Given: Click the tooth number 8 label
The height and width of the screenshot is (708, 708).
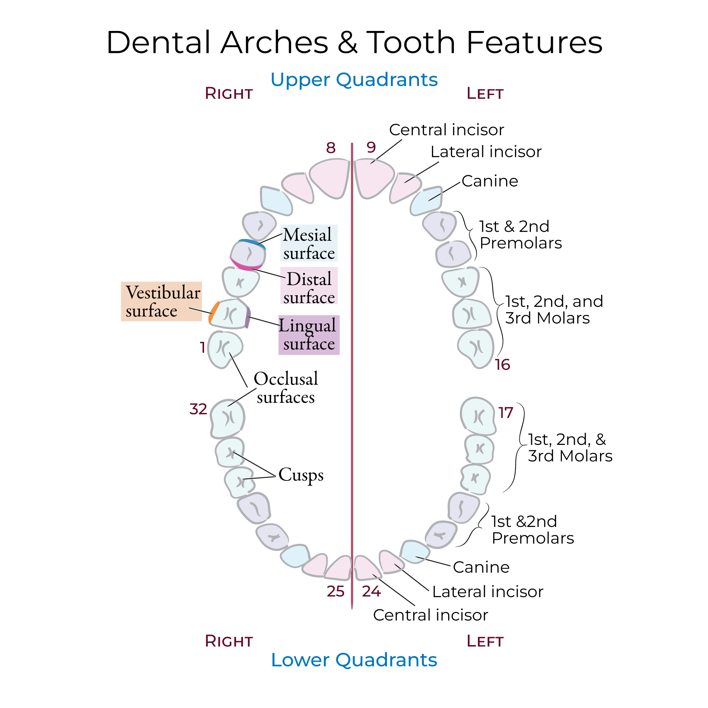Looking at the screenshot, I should [x=330, y=148].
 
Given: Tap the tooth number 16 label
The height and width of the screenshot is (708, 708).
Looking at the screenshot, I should [x=502, y=365].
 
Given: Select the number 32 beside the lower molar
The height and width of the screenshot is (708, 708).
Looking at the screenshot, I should [x=198, y=409].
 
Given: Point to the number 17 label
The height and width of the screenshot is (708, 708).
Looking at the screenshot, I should [x=505, y=413].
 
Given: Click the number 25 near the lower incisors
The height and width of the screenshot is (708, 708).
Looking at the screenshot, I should [x=335, y=591].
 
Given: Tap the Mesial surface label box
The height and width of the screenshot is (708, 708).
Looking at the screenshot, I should [x=308, y=244].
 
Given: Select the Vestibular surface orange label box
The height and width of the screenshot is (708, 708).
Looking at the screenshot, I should [x=161, y=301].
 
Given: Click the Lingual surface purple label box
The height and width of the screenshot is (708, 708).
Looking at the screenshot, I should [x=308, y=335].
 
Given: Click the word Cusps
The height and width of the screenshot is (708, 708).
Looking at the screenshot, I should [x=301, y=475].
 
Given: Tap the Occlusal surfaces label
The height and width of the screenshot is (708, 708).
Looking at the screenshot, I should [x=285, y=388].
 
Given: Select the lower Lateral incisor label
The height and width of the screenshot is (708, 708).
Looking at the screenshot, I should [x=487, y=592].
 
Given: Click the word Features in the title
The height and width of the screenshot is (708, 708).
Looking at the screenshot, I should [x=534, y=42].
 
